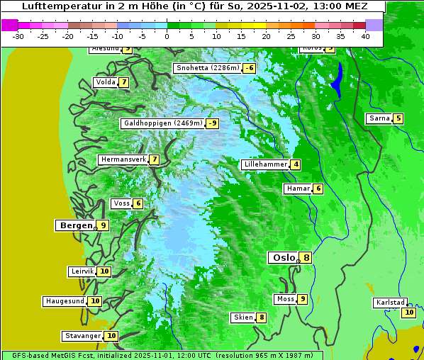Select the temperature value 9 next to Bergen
103,225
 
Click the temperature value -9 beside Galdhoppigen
212,123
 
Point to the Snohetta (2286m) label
207,68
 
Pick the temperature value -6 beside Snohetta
249,68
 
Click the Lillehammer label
264,164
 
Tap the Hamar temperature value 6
318,189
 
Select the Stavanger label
82,336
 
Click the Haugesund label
65,301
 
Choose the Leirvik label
82,271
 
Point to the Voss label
121,203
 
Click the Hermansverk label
123,159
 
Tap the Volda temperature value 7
124,82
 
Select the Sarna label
379,118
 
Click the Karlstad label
391,303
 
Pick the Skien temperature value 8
262,317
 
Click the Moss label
285,299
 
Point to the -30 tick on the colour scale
18,36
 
